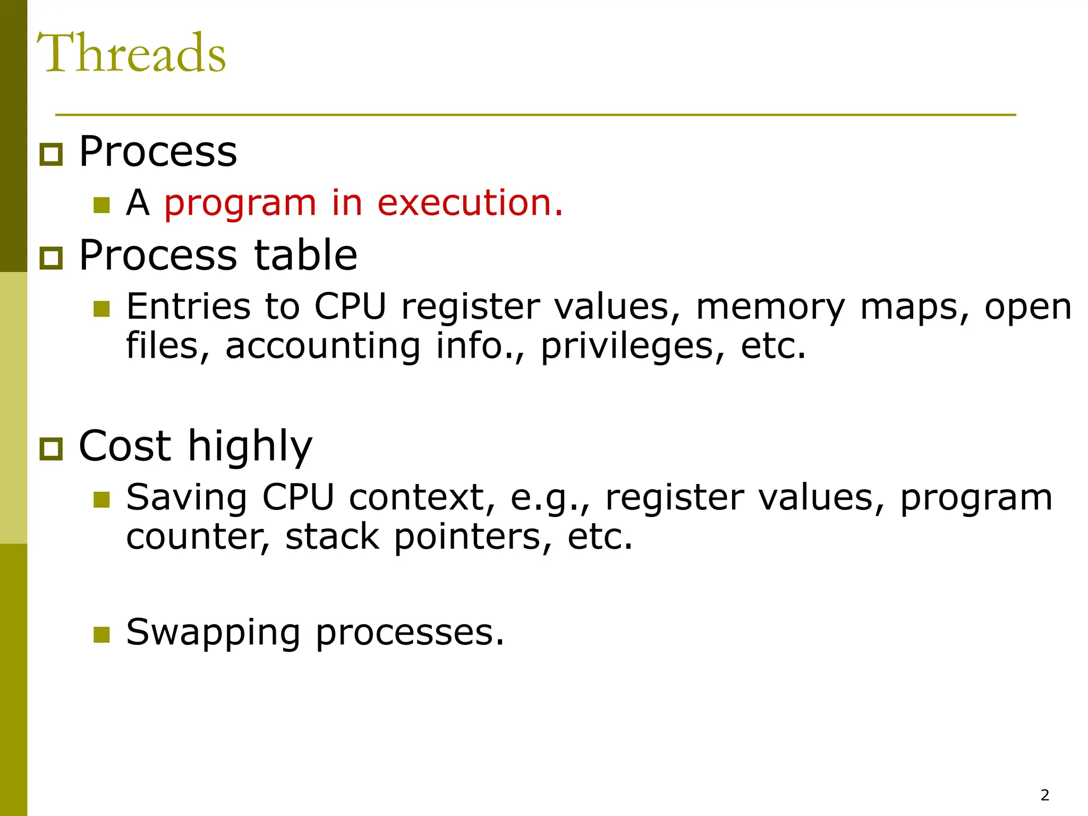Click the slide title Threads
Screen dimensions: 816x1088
[x=131, y=53]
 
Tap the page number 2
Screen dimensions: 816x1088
[x=1044, y=795]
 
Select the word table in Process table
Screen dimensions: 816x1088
[x=305, y=255]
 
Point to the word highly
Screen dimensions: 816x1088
[x=250, y=446]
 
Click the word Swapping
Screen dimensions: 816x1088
[x=213, y=633]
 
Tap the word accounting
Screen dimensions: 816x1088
[x=323, y=346]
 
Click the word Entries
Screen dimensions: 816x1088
[x=188, y=307]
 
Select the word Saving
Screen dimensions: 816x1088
[x=186, y=498]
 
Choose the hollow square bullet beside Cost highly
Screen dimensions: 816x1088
[x=52, y=449]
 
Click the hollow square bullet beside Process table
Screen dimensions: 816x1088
[x=52, y=258]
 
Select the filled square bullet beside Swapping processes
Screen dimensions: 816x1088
[x=101, y=634]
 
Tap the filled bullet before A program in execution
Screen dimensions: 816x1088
[x=101, y=205]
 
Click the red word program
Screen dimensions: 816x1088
[x=240, y=204]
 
